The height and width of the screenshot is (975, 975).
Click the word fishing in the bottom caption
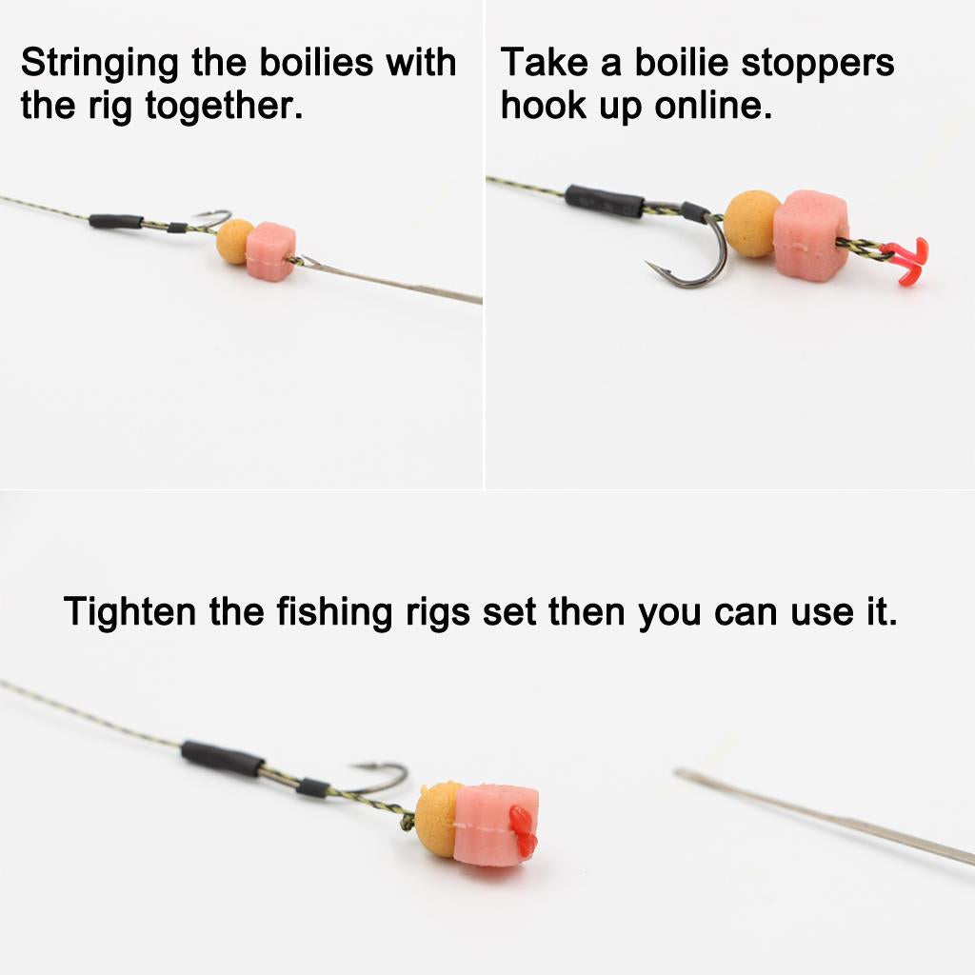point(334,611)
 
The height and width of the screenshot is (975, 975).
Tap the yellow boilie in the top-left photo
point(234,241)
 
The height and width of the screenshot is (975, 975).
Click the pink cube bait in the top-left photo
point(270,250)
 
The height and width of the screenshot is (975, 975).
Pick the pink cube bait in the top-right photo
point(809,233)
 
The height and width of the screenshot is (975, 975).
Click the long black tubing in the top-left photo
point(116,221)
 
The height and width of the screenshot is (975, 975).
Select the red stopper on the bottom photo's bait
point(522,828)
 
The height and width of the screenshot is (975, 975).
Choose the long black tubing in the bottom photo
point(222,758)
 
